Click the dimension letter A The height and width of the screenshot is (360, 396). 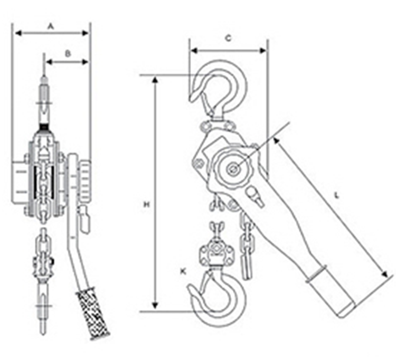coord(51,26)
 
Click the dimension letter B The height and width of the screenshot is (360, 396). coord(68,53)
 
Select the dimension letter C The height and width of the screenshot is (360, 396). coord(228,39)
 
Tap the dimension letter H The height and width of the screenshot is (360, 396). coord(146,204)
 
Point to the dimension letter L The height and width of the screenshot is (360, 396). coord(336,195)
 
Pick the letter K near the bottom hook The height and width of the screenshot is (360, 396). coord(183,272)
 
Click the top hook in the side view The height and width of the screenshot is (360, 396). coord(218,89)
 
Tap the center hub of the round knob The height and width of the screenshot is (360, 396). coord(233,168)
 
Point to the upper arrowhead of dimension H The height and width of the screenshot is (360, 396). coord(155,80)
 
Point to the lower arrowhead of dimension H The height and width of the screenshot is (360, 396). coord(155,306)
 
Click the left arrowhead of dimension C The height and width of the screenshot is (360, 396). coord(194,51)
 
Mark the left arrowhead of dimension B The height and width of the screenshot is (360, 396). coord(49,62)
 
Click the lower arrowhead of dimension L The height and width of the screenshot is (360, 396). coord(384,274)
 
